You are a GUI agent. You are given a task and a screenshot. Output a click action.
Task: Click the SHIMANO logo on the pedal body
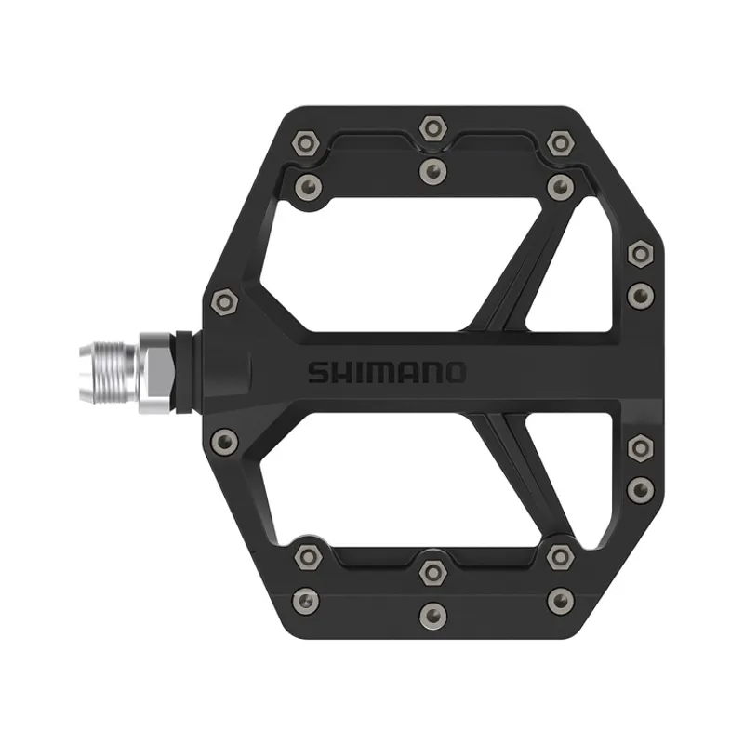386,373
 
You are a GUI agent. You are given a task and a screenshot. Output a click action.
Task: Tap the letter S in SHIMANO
317,373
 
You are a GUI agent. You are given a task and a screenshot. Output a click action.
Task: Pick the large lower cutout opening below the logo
391,488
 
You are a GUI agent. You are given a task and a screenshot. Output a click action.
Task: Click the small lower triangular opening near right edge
577,474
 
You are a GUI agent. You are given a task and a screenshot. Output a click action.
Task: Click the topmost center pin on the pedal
431,128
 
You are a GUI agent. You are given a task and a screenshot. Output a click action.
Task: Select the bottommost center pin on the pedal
431,615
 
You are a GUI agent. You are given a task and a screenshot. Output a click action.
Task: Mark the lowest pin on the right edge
639,489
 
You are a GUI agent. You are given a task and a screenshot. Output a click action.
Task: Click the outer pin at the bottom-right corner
559,600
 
